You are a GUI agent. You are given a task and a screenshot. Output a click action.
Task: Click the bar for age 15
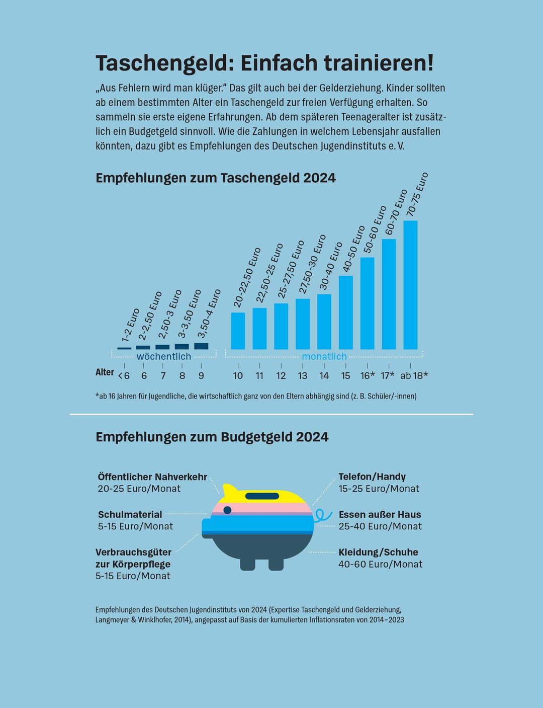[345, 312]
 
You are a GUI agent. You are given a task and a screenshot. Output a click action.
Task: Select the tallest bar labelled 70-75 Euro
[410, 285]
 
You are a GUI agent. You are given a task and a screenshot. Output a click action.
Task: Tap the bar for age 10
[238, 331]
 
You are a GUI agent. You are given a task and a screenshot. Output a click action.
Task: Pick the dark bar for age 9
[201, 346]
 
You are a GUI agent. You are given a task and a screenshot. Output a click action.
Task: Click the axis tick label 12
[281, 376]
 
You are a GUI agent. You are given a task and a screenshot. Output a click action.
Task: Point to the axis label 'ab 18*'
[414, 376]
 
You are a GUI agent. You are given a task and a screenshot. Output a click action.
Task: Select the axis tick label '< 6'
[124, 376]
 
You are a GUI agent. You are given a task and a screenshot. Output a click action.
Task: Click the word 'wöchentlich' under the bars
[164, 357]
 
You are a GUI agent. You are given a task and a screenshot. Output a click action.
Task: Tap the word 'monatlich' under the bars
[324, 357]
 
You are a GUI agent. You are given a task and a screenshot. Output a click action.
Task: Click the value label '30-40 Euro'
[331, 266]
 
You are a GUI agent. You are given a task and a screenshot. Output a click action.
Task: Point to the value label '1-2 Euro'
[131, 325]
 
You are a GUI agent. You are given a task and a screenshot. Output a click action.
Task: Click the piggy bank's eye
[227, 510]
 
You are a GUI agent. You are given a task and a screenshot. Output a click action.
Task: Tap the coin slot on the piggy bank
[262, 496]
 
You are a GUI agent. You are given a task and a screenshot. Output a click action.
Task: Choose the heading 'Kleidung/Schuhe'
[378, 553]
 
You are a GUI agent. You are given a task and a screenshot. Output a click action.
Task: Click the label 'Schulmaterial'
[130, 515]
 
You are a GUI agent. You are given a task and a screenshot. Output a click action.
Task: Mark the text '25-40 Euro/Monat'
[380, 526]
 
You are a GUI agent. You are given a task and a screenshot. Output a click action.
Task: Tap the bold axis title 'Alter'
[105, 372]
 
